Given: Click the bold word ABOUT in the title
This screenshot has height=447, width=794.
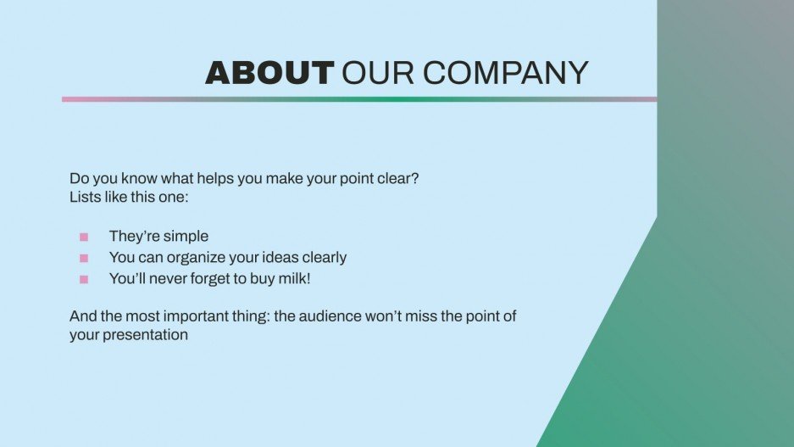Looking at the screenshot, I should tap(269, 74).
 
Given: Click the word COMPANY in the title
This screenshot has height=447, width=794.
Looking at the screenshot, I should tap(506, 74).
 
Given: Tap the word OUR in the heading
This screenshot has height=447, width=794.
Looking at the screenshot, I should tap(378, 74).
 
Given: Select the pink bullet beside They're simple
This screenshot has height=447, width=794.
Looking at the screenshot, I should tap(84, 237).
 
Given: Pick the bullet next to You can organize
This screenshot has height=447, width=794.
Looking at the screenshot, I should tap(84, 258).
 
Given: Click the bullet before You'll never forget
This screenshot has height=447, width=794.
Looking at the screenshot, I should tap(84, 279).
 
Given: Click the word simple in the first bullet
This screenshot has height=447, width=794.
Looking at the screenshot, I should tap(185, 237).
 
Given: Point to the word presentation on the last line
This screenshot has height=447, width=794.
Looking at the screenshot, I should tap(145, 335).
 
